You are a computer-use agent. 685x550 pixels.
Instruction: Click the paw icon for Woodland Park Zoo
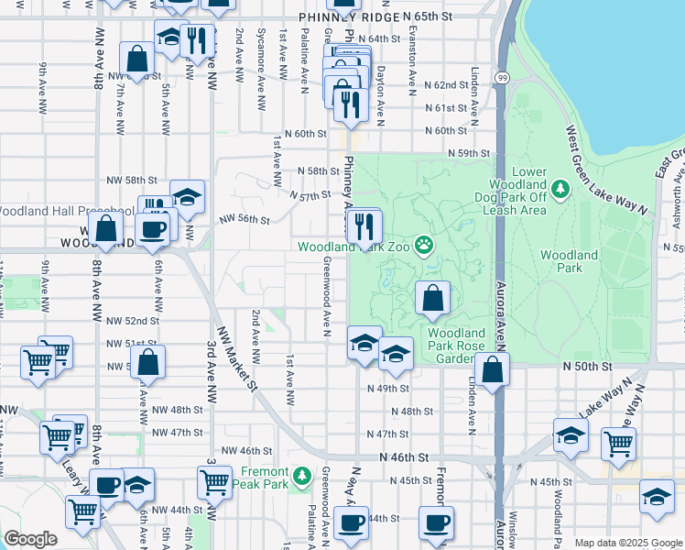click(x=424, y=245)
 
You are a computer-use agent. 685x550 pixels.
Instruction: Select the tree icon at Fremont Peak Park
click(x=303, y=477)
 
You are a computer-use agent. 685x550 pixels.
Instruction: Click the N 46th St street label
click(x=404, y=456)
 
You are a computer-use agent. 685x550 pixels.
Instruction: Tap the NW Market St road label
click(x=237, y=357)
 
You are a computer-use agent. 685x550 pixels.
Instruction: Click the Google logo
click(x=31, y=539)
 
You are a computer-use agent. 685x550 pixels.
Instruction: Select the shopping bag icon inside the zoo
click(x=433, y=299)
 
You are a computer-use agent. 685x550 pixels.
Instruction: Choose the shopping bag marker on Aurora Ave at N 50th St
click(x=493, y=370)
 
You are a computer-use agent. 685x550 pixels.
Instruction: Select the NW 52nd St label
click(x=133, y=321)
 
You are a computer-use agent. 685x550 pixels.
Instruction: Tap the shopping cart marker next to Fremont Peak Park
click(x=214, y=481)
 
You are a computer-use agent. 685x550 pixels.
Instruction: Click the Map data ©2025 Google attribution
click(x=627, y=543)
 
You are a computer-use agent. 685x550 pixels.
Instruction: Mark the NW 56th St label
click(x=245, y=220)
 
